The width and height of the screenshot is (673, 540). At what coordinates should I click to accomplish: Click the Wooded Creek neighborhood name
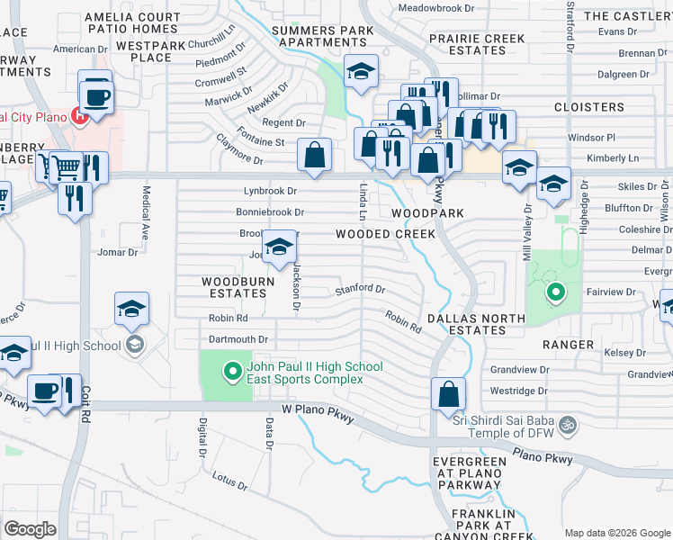click(x=385, y=234)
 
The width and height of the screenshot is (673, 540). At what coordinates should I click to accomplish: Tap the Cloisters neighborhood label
click(x=588, y=107)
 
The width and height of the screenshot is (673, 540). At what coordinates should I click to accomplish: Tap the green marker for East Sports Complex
click(x=232, y=370)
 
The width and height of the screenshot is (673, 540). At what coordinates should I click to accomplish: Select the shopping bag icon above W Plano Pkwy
click(x=448, y=393)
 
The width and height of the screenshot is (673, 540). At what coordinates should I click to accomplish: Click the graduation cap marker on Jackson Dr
click(x=280, y=247)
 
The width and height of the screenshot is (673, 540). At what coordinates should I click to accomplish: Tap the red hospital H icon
click(x=82, y=115)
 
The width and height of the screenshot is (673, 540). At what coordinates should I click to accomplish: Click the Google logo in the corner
click(x=30, y=528)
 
